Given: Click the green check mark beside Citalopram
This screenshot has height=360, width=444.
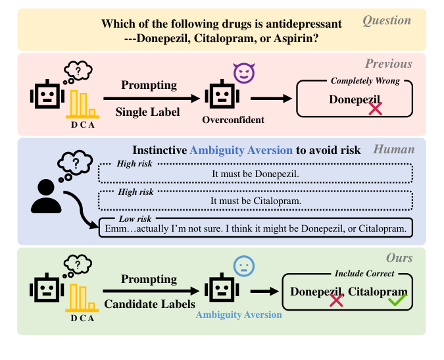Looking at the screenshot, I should (397, 300).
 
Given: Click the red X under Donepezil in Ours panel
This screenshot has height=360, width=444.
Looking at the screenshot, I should (336, 300).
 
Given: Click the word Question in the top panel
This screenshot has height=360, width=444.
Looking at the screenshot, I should (387, 20).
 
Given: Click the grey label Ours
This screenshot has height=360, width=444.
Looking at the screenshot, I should (399, 259).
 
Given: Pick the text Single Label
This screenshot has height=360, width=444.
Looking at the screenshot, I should (147, 112).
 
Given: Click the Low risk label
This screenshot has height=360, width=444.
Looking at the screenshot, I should (134, 218).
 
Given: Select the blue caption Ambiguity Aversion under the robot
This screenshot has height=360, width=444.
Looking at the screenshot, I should (239, 315).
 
